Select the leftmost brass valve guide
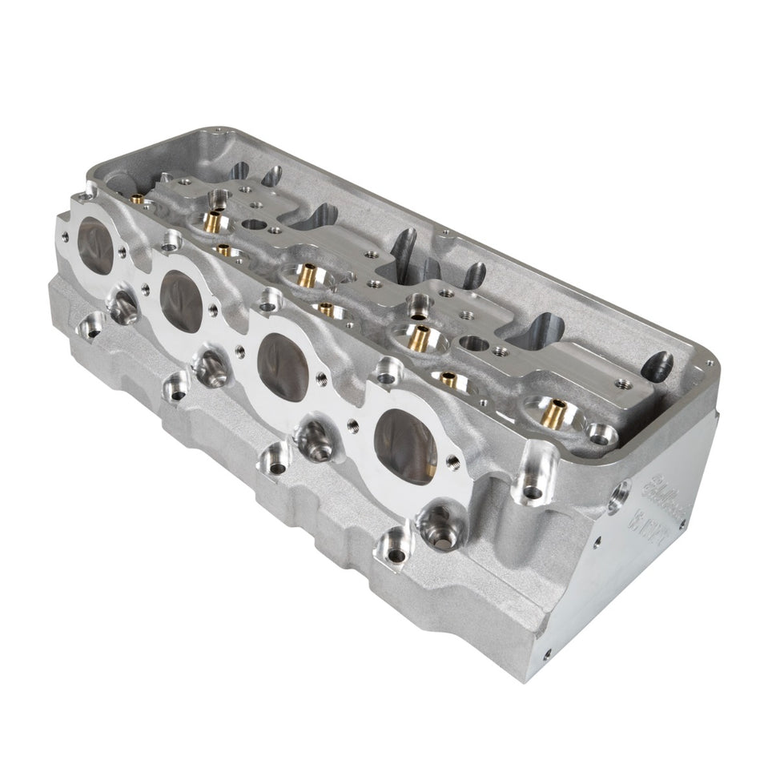pyautogui.click(x=137, y=198)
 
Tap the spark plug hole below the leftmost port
pyautogui.click(x=122, y=304)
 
